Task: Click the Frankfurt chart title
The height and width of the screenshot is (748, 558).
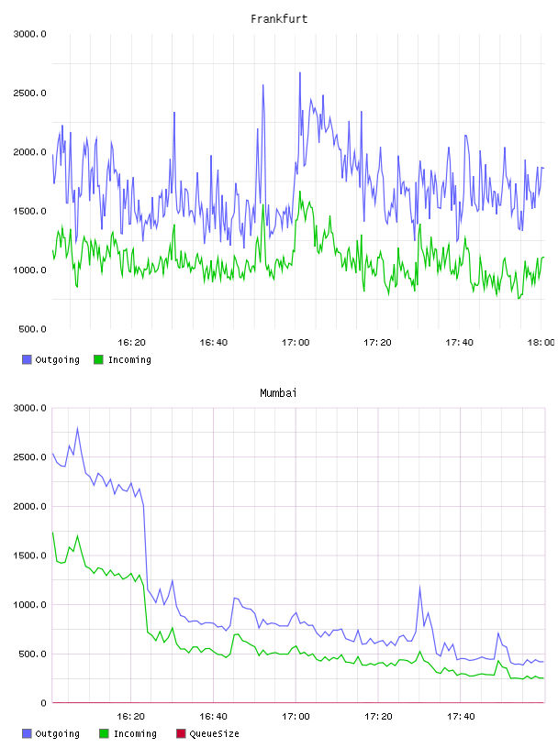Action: (279, 18)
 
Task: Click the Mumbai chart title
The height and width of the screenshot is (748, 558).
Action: (278, 392)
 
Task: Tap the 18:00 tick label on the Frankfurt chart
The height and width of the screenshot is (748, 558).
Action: (541, 342)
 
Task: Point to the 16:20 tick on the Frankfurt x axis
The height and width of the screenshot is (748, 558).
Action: (131, 342)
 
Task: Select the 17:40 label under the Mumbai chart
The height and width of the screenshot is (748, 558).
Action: (461, 716)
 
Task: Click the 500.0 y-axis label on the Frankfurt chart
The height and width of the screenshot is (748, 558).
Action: (32, 329)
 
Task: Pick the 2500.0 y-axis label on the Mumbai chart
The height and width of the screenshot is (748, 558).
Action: (29, 457)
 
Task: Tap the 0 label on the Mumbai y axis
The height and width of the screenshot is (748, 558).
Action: (43, 703)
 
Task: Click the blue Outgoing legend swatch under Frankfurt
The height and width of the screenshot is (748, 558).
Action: (27, 359)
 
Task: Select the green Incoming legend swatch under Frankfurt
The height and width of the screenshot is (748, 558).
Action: (98, 359)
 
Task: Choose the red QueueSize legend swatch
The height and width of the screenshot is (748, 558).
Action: (181, 733)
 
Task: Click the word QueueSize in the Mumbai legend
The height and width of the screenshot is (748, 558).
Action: (214, 733)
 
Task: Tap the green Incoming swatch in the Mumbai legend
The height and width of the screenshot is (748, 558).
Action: (104, 733)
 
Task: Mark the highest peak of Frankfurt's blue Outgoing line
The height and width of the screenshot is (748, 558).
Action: (299, 73)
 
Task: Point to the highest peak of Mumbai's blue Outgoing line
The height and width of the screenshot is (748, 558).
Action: (77, 428)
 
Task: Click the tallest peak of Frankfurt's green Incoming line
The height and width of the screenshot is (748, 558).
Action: (299, 192)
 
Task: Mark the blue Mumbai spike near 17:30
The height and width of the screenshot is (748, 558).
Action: (420, 587)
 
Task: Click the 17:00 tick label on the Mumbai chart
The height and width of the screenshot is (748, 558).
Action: (296, 716)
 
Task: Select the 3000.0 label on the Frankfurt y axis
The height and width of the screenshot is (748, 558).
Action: (29, 34)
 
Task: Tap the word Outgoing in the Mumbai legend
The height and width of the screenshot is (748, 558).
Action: (57, 733)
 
